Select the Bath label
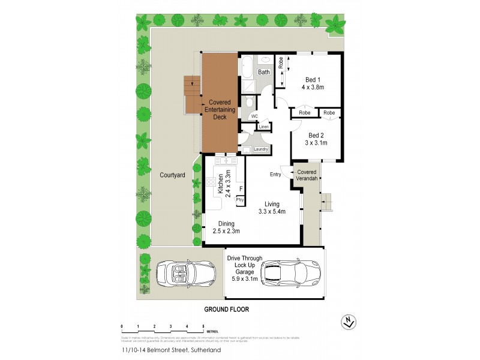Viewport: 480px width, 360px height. pos(264,73)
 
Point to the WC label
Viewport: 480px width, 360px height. pos(254,116)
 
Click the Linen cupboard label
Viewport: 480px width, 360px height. pos(264,127)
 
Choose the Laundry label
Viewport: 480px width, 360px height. pos(260,149)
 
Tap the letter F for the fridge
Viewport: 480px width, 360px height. pos(241,187)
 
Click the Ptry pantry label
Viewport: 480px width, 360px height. pos(240,200)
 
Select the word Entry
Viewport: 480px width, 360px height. pos(275,175)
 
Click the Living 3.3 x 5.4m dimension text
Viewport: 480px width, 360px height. pos(272,211)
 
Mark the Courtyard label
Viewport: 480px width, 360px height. pos(172,175)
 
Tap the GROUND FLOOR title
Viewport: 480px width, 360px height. pos(226,310)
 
